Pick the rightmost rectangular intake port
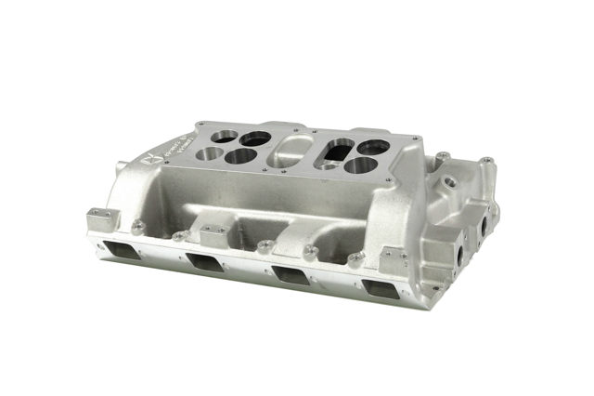point(381,287)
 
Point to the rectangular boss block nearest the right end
point(393,257)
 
